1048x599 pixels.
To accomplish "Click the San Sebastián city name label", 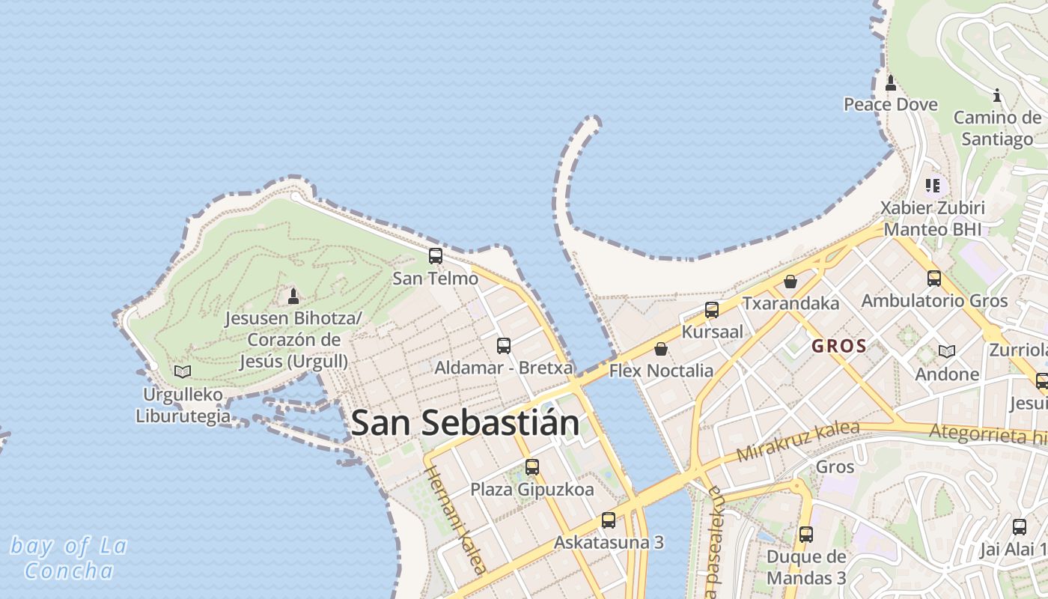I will click(464, 423).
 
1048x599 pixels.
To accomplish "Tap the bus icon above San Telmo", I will click(436, 256).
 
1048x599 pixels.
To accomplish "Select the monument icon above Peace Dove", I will click(891, 82).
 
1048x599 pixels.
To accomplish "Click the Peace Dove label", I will click(891, 104).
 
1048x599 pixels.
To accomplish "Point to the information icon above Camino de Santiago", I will click(996, 95).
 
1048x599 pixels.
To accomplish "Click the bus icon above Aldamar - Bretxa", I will click(504, 345).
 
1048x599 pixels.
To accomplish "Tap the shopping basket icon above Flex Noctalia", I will click(661, 349).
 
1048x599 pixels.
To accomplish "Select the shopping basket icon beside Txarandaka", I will click(790, 282).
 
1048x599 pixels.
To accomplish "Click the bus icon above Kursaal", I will click(712, 309).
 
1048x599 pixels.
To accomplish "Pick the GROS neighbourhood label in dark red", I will click(838, 347).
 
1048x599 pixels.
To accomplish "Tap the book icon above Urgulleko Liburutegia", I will click(182, 371).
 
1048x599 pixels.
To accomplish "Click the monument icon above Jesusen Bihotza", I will click(293, 296).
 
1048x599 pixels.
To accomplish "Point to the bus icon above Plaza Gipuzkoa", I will click(532, 467).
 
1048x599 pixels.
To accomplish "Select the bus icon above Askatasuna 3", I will click(609, 520).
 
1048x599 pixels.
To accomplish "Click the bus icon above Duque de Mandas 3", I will click(806, 535).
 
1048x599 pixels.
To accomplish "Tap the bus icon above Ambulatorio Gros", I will click(934, 279).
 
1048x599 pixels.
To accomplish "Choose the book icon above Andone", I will click(947, 351).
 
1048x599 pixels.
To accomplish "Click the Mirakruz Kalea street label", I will click(797, 442).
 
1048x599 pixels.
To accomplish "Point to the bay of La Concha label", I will click(69, 559).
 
